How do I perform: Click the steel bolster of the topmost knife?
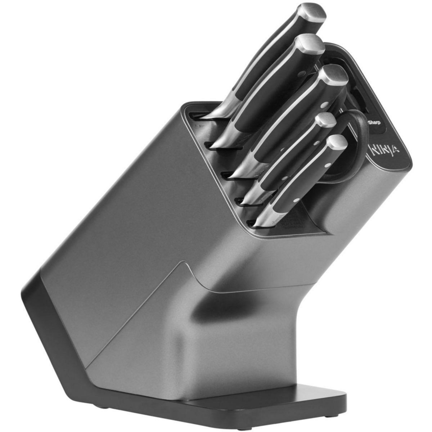(x=220, y=108)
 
